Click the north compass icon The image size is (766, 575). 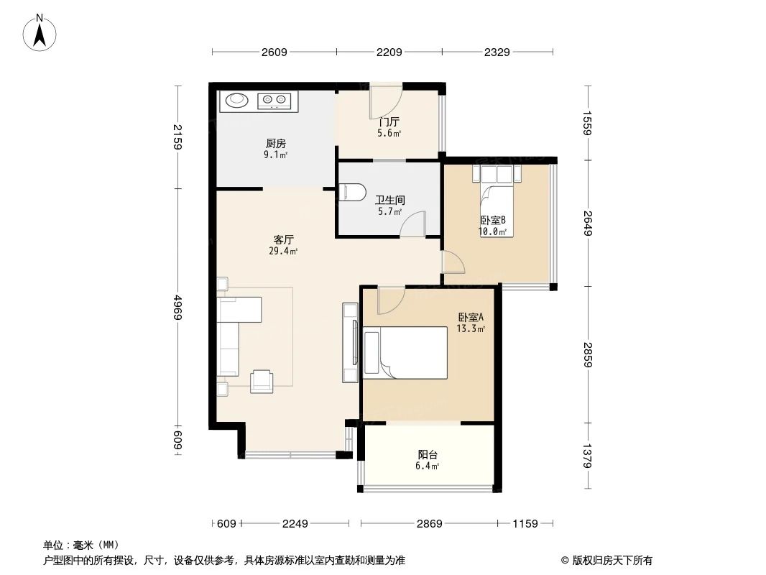[41, 32]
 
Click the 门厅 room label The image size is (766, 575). [389, 122]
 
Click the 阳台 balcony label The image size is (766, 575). [428, 454]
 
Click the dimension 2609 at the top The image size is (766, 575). [274, 52]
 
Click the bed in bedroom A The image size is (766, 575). [406, 352]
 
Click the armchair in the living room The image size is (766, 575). [262, 381]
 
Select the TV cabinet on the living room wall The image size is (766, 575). [351, 343]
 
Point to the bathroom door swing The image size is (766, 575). [413, 224]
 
